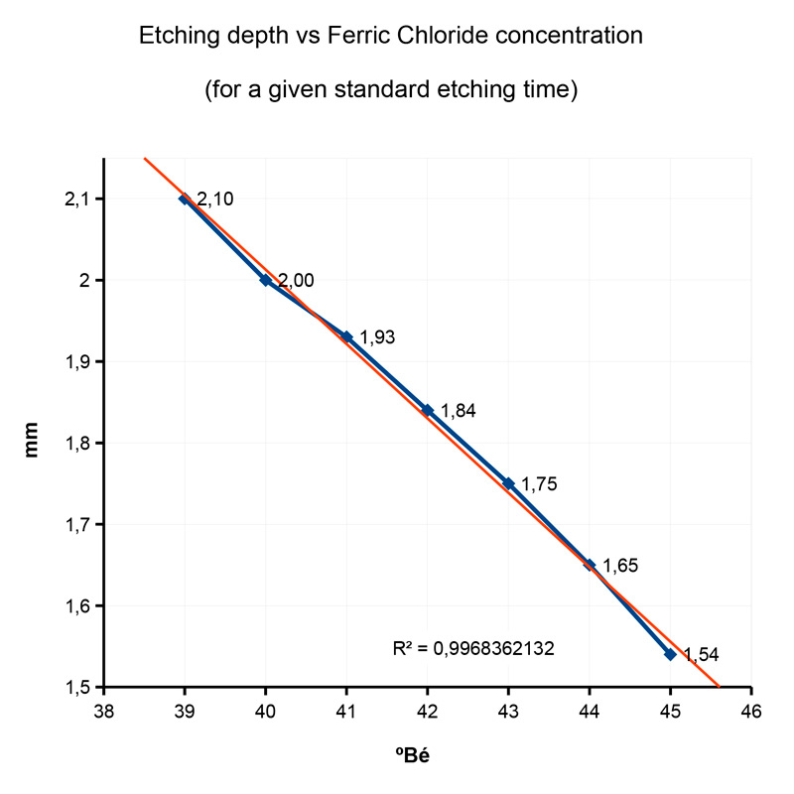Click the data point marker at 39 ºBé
pyautogui.click(x=185, y=198)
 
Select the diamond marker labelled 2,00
pyautogui.click(x=266, y=280)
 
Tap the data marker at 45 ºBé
pyautogui.click(x=670, y=654)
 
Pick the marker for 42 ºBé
pyautogui.click(x=428, y=410)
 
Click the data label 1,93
pyautogui.click(x=377, y=337)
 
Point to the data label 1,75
pyautogui.click(x=539, y=484)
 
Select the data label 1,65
pyautogui.click(x=619, y=566)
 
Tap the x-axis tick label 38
pyautogui.click(x=103, y=712)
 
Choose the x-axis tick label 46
pyautogui.click(x=751, y=712)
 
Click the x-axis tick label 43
pyautogui.click(x=508, y=712)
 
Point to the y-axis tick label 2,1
pyautogui.click(x=76, y=199)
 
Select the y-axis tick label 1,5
pyautogui.click(x=76, y=687)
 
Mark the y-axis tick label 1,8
pyautogui.click(x=76, y=444)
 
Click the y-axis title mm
pyautogui.click(x=33, y=443)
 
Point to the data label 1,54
pyautogui.click(x=700, y=655)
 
